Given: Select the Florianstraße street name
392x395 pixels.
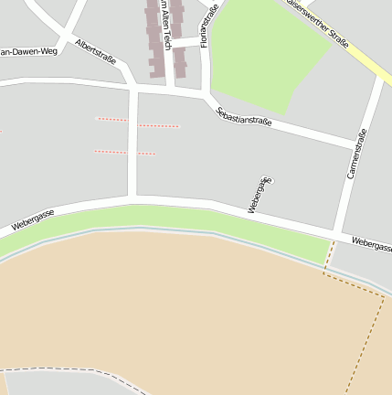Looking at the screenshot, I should pos(209,25).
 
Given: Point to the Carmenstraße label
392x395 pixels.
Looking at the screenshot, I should pos(357,154).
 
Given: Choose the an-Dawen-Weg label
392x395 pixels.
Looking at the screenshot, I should pos(28,52).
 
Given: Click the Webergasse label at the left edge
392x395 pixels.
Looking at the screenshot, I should pos(33,219).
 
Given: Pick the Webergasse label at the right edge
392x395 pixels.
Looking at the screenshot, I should pos(371,244).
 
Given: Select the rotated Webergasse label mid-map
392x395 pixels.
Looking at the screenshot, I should pos(260,195).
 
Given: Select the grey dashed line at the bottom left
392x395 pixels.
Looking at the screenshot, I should pos(73,370).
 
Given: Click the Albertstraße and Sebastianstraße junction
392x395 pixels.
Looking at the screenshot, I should pos(134,88).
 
